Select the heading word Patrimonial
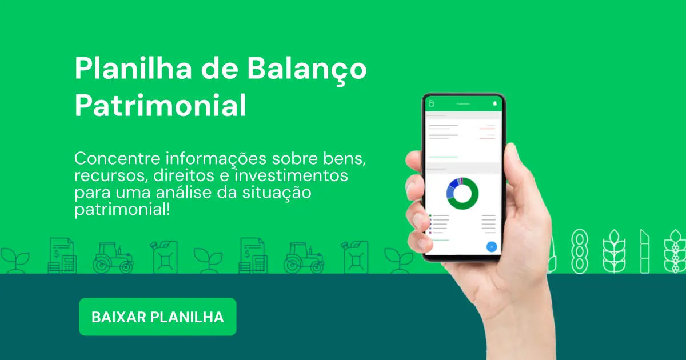coord(161,106)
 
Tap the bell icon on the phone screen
coord(495,103)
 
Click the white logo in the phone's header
coord(432,103)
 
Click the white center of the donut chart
coord(462,194)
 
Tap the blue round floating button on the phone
coord(491,247)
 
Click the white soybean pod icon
coord(580,251)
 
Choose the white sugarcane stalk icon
coord(645,251)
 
